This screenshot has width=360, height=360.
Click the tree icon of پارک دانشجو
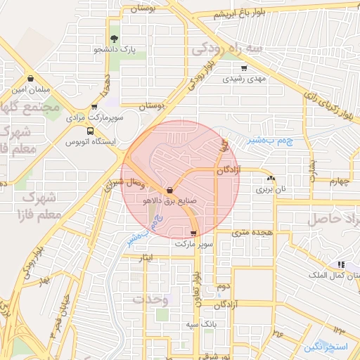click(114, 39)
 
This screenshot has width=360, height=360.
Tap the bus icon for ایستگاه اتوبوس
click(90, 131)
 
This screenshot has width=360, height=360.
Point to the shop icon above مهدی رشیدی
click(244, 68)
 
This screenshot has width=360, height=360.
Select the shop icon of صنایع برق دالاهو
click(170, 190)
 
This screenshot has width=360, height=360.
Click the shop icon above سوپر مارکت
click(193, 233)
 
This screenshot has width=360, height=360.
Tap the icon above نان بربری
click(271, 179)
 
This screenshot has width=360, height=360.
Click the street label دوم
click(224, 286)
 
